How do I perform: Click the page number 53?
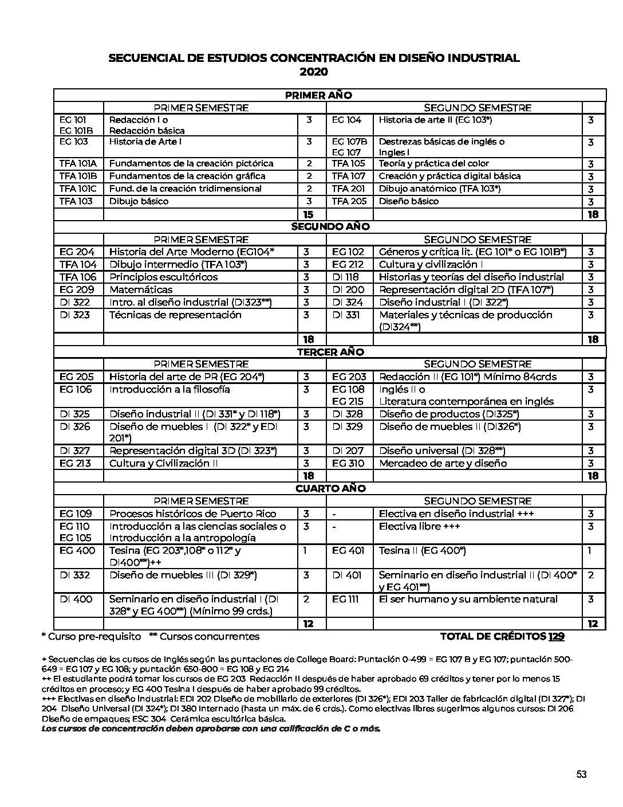[x=581, y=775]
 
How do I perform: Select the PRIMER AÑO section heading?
[x=318, y=95]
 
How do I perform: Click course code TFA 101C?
[x=78, y=189]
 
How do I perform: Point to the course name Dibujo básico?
[x=139, y=201]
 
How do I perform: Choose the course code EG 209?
[x=77, y=289]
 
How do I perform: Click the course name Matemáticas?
[x=141, y=289]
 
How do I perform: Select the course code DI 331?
[x=346, y=315]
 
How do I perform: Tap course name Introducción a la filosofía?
[x=169, y=389]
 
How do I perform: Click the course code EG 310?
[x=348, y=463]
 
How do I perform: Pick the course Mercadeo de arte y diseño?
[x=443, y=463]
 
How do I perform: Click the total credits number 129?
[x=556, y=636]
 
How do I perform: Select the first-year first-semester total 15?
[x=308, y=214]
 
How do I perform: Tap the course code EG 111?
[x=345, y=599]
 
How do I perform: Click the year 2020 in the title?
[x=314, y=72]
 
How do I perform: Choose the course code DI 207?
[x=347, y=450]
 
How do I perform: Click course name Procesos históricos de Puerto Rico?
[x=192, y=514]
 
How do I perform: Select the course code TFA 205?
[x=349, y=201]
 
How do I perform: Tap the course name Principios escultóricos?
[x=163, y=277]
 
